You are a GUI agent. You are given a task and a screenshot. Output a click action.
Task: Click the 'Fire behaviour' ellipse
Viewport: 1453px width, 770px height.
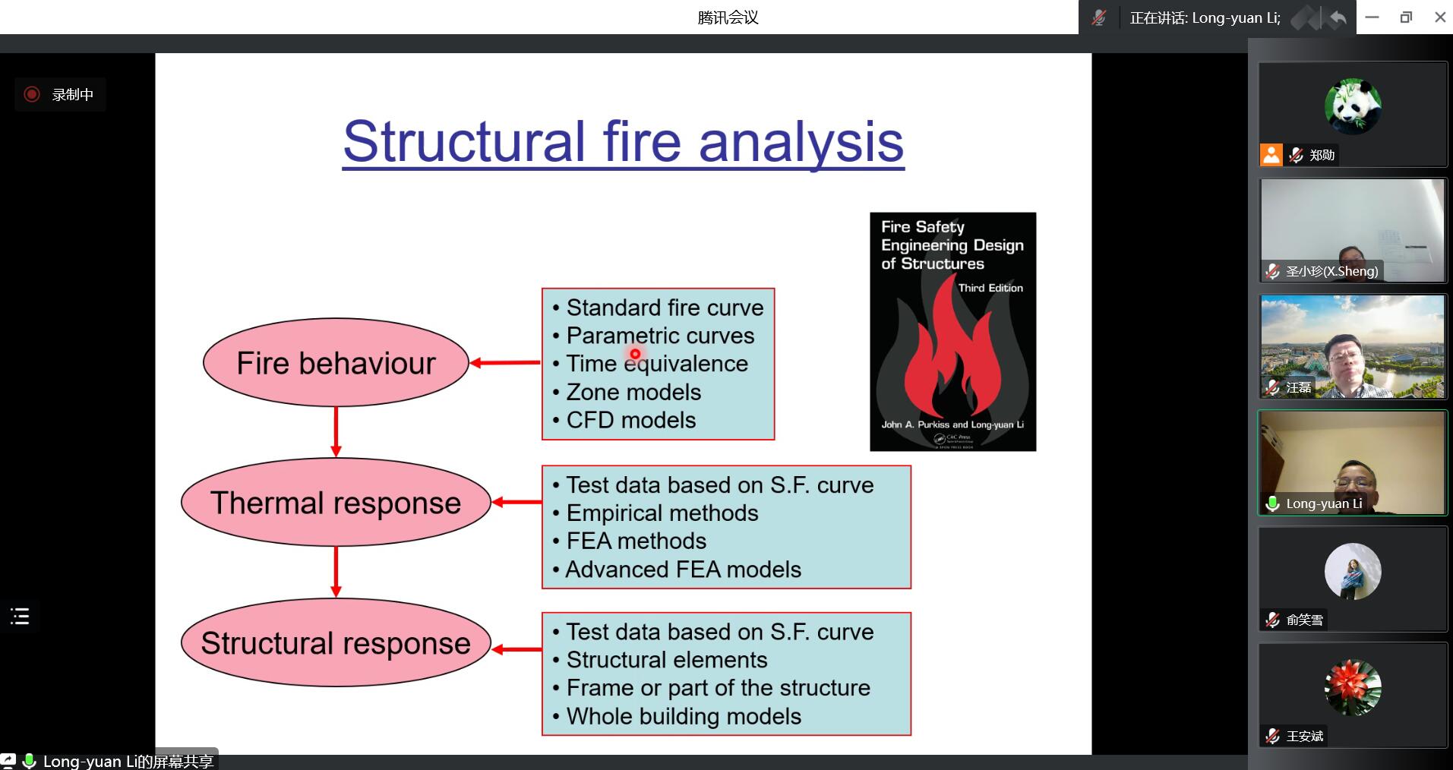336,363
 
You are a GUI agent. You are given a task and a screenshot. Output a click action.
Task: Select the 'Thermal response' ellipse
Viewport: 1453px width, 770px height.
336,503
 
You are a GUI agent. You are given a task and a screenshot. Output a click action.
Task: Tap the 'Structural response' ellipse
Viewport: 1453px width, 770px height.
336,643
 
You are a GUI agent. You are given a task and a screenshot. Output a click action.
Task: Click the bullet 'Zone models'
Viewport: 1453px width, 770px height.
633,392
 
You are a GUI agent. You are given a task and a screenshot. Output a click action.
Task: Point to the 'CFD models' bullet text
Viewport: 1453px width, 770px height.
630,420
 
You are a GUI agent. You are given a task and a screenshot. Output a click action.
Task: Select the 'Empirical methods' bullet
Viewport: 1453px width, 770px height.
662,513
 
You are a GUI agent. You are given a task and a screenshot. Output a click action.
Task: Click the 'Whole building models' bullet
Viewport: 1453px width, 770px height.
684,716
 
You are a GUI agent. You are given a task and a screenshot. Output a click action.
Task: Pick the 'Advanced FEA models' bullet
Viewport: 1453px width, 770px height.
683,570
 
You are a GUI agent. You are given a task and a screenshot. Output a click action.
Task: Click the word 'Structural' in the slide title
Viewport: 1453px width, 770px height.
464,141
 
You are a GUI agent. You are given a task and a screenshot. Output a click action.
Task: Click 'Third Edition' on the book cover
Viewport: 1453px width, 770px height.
990,288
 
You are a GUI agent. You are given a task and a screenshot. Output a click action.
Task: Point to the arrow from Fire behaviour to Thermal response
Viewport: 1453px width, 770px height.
336,431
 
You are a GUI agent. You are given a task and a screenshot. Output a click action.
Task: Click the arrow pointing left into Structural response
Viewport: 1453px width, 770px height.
516,649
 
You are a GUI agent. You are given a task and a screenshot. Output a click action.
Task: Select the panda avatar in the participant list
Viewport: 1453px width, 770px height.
1353,106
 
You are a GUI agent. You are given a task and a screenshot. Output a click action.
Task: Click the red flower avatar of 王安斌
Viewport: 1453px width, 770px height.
1353,687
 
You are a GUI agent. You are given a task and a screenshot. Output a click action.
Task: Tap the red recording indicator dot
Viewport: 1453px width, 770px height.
32,94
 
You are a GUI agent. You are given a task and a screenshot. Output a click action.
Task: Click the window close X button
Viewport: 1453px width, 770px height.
1439,17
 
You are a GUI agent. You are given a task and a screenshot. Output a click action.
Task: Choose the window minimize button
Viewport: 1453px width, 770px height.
1372,17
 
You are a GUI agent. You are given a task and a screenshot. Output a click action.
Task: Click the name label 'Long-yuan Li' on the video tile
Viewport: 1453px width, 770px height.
1323,503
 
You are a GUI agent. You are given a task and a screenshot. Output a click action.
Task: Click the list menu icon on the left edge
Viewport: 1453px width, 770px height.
20,616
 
